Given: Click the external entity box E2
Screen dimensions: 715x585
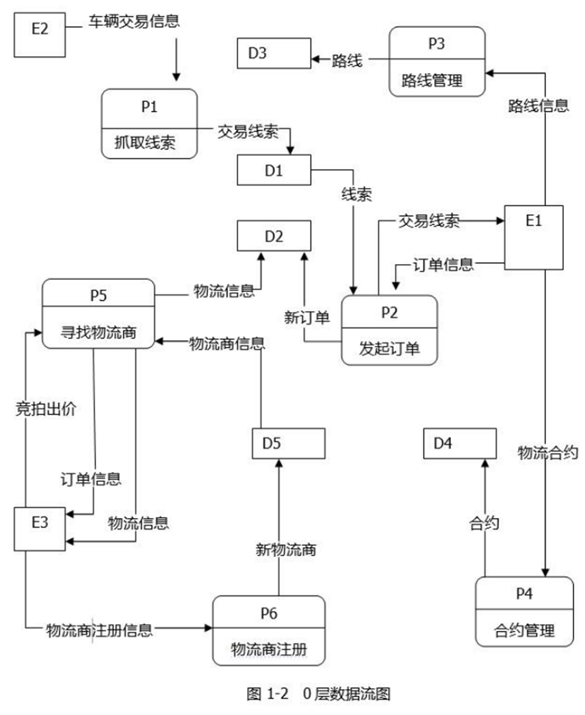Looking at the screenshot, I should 40,31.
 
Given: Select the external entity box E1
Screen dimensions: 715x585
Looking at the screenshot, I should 534,235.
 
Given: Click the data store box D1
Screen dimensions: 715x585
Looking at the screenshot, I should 274,170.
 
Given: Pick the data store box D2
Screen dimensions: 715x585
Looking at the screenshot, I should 274,237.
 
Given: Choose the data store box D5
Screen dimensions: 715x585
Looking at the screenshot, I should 288,443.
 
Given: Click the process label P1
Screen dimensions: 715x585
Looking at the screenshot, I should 149,107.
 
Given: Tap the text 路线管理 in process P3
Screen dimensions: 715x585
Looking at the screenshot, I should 437,81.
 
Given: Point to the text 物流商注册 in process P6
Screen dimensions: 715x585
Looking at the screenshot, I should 268,647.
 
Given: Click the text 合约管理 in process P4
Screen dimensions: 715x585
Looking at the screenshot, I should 524,629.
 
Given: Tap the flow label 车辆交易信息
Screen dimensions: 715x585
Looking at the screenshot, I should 133,21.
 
